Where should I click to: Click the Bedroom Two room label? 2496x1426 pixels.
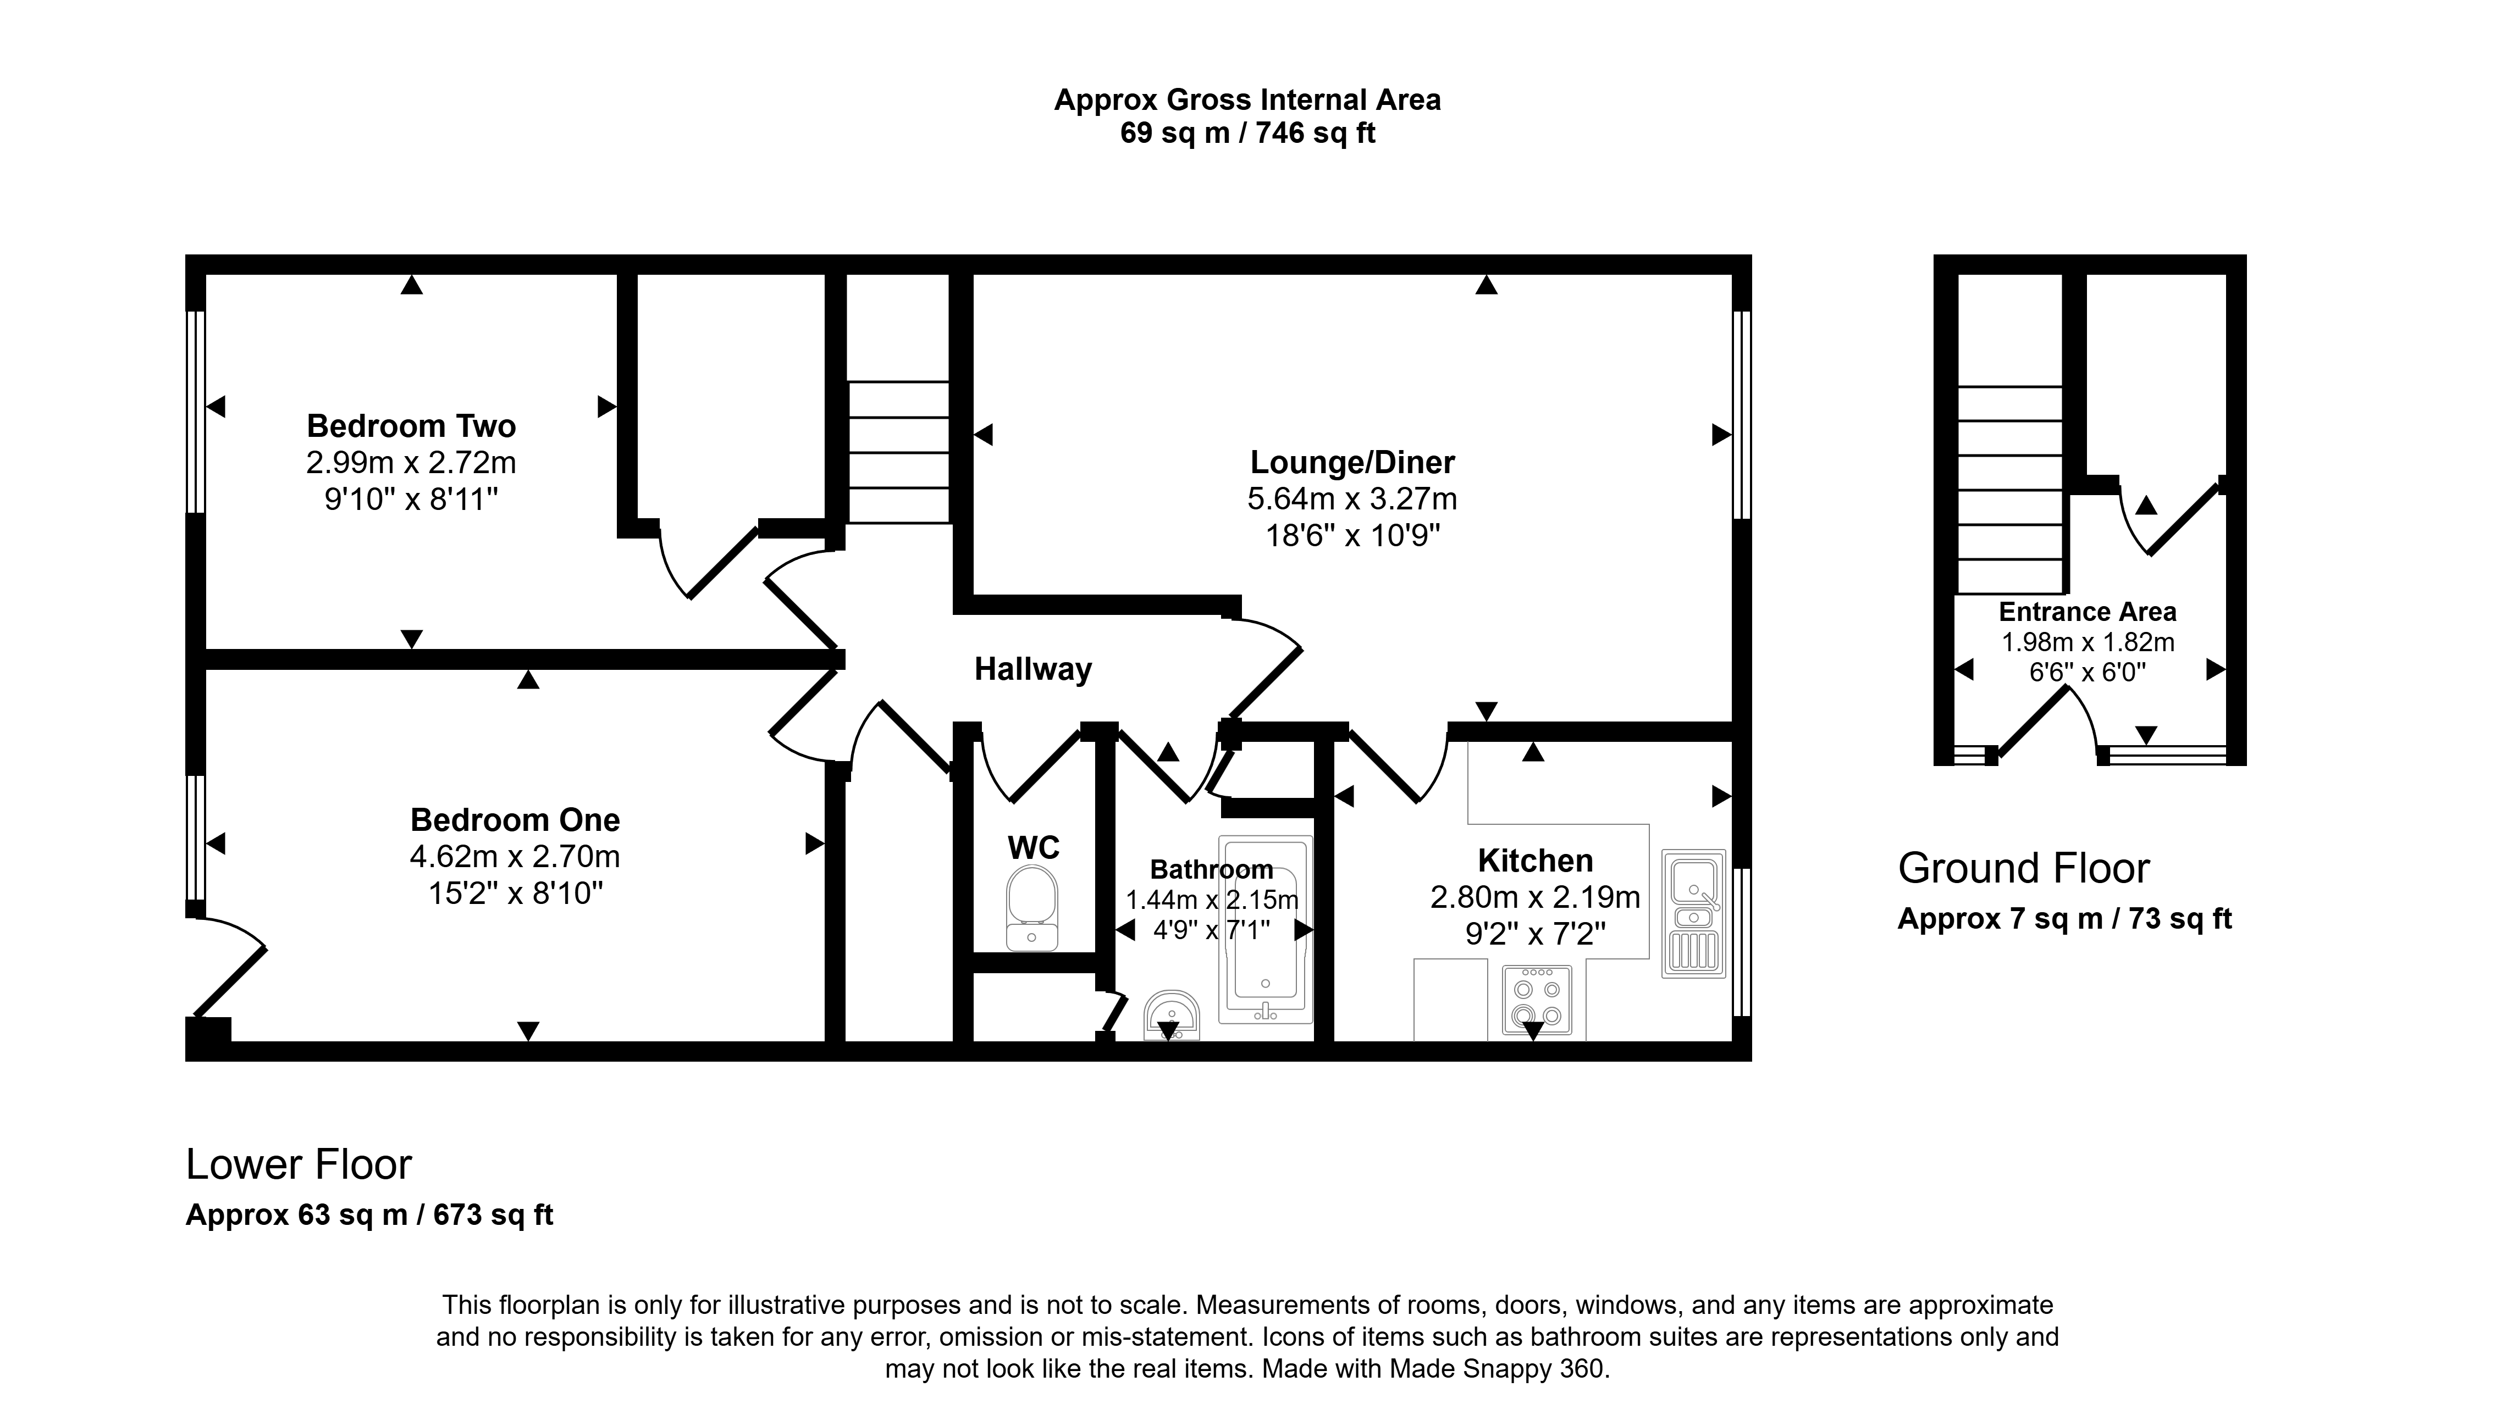click(x=411, y=426)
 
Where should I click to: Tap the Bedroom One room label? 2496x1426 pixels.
click(x=515, y=820)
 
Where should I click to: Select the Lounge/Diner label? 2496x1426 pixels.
click(x=1353, y=462)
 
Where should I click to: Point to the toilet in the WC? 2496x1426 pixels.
click(x=1032, y=907)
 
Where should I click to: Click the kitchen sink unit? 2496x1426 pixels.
click(x=1694, y=914)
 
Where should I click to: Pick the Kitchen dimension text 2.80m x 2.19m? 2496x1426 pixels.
click(x=1535, y=897)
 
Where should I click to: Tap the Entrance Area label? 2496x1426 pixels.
click(x=2088, y=612)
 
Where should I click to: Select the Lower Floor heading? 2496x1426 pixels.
click(x=299, y=1164)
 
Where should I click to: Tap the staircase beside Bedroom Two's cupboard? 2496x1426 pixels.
click(x=898, y=452)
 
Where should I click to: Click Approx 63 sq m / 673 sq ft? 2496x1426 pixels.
click(x=369, y=1216)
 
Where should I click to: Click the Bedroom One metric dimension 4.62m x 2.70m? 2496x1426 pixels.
click(x=515, y=857)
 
